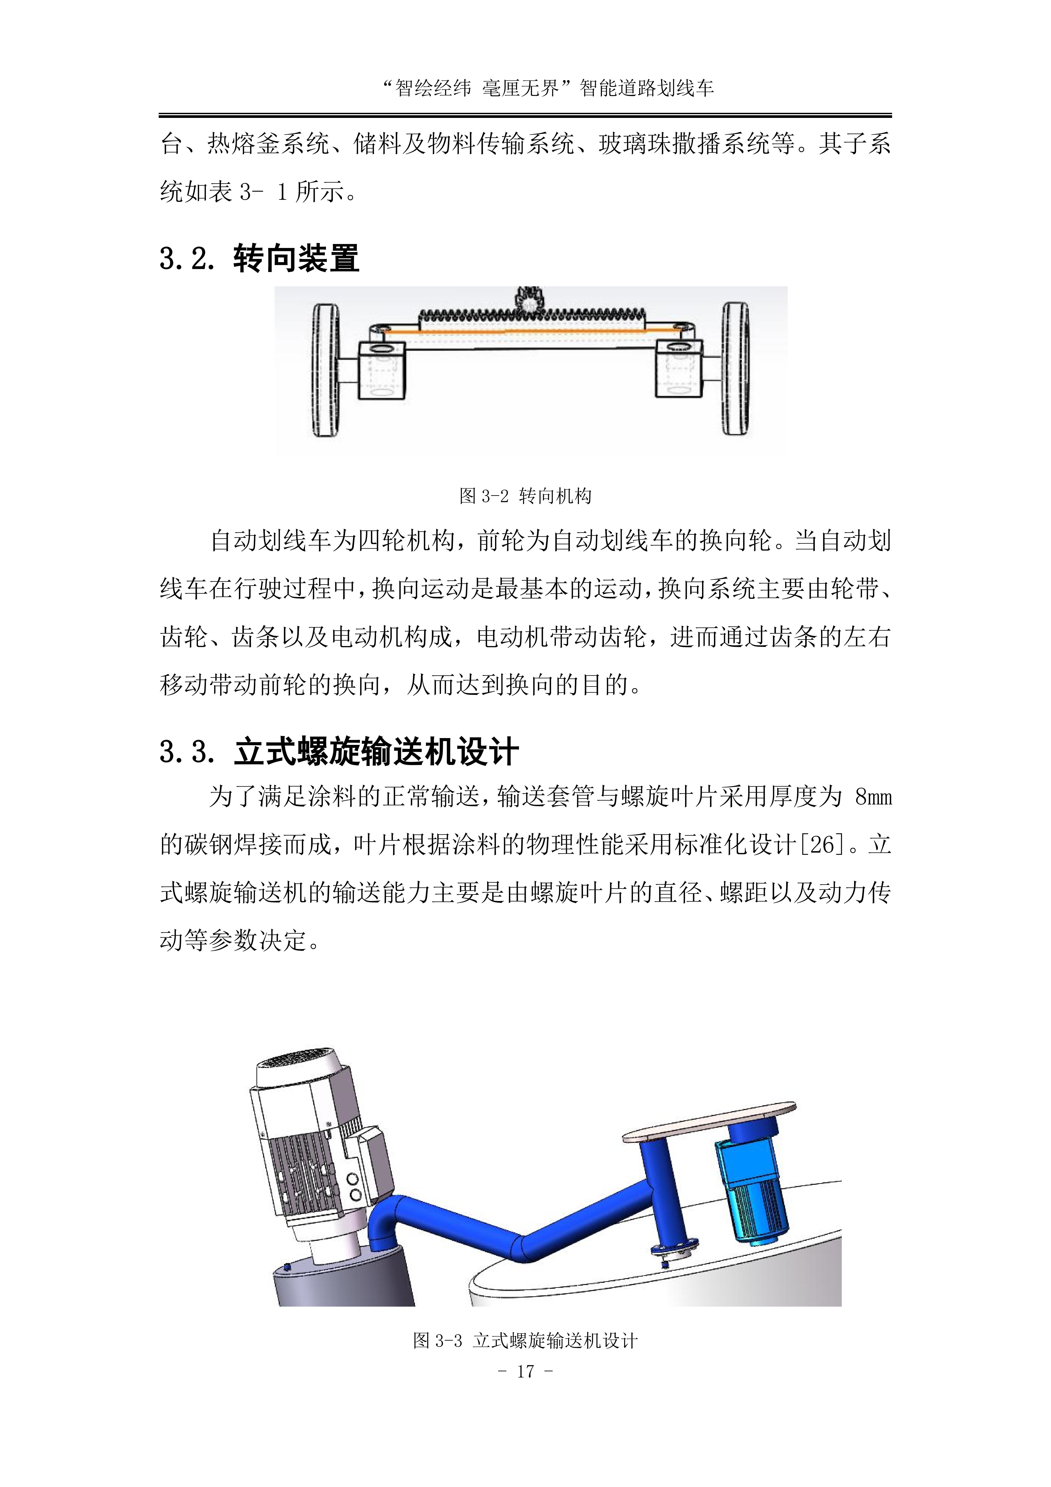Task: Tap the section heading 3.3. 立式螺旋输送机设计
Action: point(339,752)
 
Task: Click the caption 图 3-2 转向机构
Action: point(525,496)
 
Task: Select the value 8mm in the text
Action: point(873,797)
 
